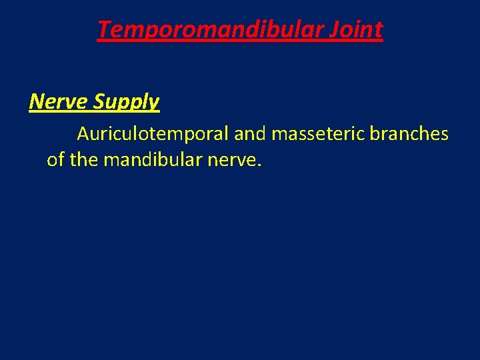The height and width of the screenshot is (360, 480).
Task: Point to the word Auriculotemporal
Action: pos(153,134)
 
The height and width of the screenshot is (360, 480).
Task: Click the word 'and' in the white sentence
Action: pos(250,134)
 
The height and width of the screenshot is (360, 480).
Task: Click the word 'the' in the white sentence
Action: pos(83,161)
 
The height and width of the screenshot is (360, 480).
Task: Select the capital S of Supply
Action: pos(101,101)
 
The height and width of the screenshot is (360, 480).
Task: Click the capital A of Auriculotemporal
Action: pos(84,134)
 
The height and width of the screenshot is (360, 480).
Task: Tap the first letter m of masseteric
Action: pos(279,135)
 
